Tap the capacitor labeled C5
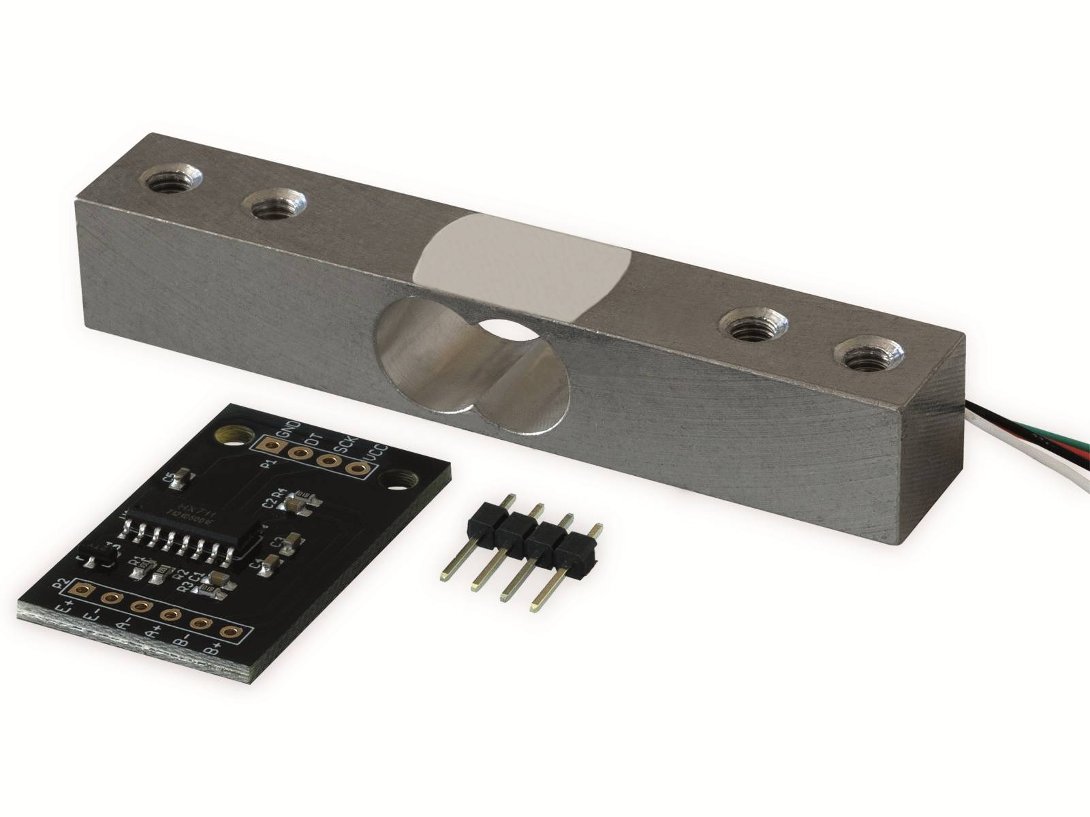[181, 481]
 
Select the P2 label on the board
[61, 583]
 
